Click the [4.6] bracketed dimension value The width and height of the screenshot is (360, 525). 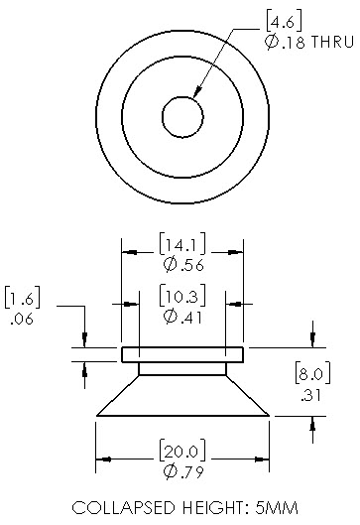pos(284,22)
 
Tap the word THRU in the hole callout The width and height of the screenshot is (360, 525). pos(332,43)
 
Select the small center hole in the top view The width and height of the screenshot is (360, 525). pos(182,117)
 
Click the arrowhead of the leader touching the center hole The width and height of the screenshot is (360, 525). pos(197,91)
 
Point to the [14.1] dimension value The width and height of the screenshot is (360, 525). pos(182,244)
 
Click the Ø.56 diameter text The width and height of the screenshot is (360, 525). pos(183,265)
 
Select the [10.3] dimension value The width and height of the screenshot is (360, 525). pos(182,296)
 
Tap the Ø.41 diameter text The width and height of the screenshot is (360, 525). pos(183,317)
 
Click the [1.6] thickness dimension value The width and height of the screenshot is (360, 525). pos(23,298)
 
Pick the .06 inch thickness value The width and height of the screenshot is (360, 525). pos(22,320)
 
